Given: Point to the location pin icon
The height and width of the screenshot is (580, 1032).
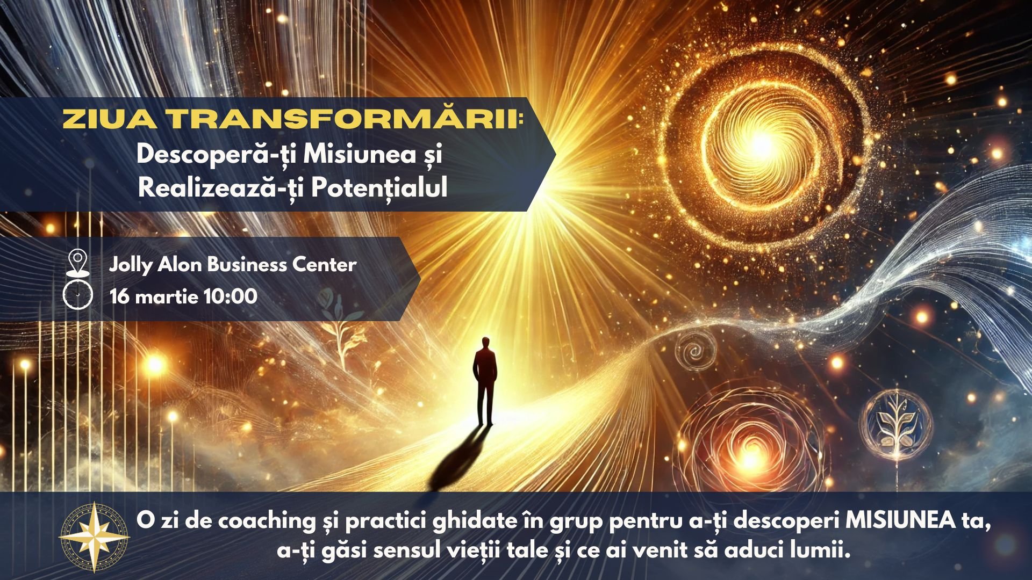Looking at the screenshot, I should [78, 262].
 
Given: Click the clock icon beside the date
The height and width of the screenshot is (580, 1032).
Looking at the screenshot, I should [78, 295].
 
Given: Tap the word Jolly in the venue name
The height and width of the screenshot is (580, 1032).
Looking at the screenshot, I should [130, 265].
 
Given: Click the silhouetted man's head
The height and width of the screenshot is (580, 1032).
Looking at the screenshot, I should [485, 342].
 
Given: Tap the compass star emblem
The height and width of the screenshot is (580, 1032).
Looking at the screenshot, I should [94, 537].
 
